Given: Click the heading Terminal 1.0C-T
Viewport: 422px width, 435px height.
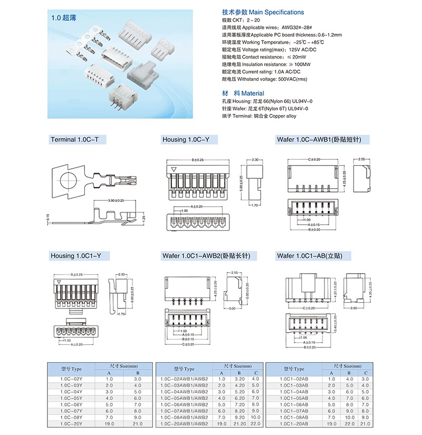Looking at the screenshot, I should [78, 139].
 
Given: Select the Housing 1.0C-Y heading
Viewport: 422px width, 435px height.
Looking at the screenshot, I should [186, 139].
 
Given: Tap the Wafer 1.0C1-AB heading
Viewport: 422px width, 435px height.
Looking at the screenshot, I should [310, 256].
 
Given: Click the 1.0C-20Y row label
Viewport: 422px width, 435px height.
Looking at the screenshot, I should [71, 423].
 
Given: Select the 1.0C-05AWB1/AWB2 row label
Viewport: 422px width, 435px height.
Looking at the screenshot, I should [184, 398].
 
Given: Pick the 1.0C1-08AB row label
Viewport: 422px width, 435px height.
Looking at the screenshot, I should [295, 417].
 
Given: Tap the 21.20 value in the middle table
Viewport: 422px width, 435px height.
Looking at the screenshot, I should [239, 423].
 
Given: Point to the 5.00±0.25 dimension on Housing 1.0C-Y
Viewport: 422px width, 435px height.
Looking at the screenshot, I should [241, 183].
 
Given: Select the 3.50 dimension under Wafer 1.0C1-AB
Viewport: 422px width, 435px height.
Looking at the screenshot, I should [353, 307].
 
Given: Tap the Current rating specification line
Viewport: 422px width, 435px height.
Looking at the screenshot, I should [261, 72].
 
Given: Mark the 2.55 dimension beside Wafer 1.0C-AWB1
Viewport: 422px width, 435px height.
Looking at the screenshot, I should [361, 159].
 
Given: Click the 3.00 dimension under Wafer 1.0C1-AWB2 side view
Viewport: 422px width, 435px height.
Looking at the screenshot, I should [233, 309].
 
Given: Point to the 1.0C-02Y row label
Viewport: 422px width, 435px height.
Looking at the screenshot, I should [71, 379].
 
